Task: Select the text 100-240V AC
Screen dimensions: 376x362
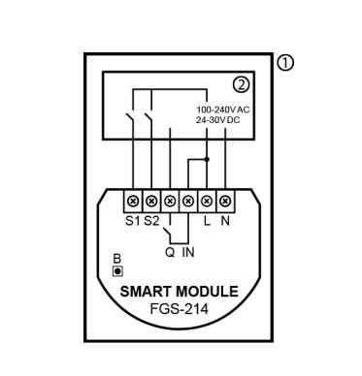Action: click(x=222, y=110)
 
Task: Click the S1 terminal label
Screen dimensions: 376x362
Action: click(x=133, y=221)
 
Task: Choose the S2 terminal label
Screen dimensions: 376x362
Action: click(x=151, y=221)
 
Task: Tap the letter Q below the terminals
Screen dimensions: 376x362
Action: click(x=169, y=252)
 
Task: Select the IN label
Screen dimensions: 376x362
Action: click(x=188, y=252)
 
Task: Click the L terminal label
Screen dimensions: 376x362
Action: click(x=207, y=221)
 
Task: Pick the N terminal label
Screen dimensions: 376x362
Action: click(x=225, y=221)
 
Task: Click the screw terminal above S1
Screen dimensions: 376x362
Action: click(x=133, y=201)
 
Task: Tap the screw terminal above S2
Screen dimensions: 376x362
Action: click(x=151, y=201)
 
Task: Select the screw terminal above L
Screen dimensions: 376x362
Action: click(x=207, y=201)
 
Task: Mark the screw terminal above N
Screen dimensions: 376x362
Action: click(x=225, y=201)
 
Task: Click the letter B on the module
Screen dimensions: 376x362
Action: click(x=117, y=259)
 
